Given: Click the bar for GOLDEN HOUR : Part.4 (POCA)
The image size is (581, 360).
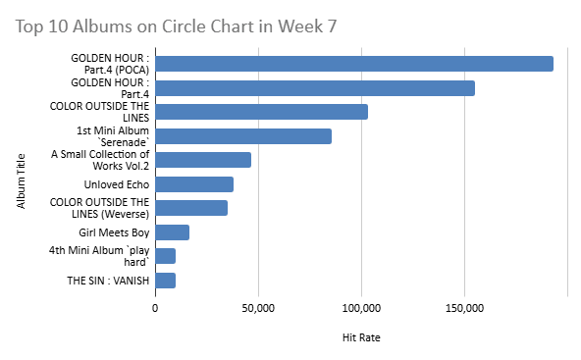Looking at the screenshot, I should click(353, 64).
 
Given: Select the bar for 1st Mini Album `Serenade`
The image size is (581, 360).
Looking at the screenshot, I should click(242, 136).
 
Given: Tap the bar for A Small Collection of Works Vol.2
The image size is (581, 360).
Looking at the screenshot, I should click(203, 160).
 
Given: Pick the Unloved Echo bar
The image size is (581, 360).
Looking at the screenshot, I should click(193, 184).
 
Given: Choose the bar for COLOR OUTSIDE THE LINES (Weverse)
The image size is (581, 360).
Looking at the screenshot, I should click(191, 208).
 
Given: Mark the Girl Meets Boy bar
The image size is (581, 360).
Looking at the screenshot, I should click(172, 232).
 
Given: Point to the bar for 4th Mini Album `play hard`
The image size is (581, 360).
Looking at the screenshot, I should click(165, 256).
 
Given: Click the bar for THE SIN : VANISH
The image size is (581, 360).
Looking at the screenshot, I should click(165, 281).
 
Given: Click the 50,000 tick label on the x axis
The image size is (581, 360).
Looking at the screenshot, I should click(258, 310).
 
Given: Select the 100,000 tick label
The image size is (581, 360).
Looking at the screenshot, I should click(361, 310).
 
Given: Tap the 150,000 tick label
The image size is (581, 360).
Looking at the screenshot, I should click(464, 310).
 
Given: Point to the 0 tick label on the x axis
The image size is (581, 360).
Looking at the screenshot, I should click(155, 310).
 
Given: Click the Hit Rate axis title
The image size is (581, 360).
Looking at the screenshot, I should click(361, 337).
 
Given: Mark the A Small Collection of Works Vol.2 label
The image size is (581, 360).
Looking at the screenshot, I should click(101, 160).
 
